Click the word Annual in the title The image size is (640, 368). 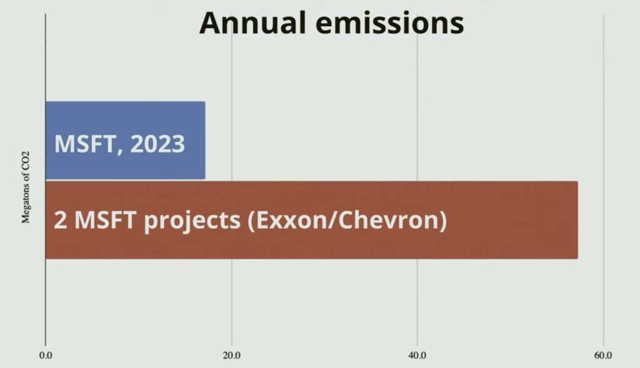click(252, 23)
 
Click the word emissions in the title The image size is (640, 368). click(390, 23)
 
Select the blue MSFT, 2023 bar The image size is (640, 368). click(125, 140)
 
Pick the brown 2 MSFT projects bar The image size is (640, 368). click(311, 220)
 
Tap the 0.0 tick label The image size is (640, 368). click(46, 356)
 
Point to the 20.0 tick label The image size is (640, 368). click(231, 356)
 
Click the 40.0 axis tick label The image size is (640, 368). click(417, 356)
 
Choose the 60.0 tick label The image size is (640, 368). click(603, 356)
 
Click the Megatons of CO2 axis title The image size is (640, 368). click(26, 187)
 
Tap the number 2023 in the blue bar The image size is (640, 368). click(157, 144)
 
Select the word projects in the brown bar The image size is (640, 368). click(192, 221)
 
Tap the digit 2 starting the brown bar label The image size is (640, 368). click(60, 220)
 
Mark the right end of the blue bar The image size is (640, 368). click(205, 140)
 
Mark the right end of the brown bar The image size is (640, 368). click(577, 220)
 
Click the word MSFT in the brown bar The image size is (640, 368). click(105, 220)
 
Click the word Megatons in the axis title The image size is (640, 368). click(26, 203)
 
